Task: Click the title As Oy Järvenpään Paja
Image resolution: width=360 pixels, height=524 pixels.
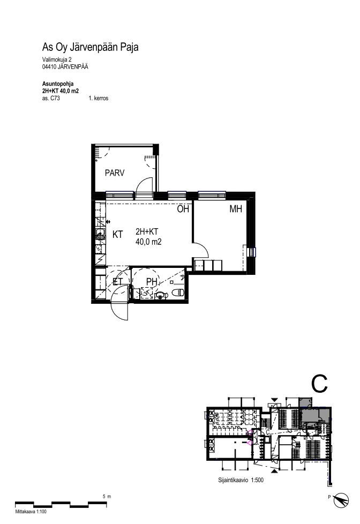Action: pyautogui.click(x=90, y=47)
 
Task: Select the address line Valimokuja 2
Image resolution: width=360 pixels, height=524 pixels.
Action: pyautogui.click(x=57, y=59)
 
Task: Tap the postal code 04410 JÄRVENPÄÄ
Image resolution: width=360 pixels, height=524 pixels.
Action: pyautogui.click(x=65, y=66)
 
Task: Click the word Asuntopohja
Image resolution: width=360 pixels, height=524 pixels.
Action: pyautogui.click(x=58, y=84)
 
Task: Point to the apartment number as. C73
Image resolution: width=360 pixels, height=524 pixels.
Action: pyautogui.click(x=51, y=98)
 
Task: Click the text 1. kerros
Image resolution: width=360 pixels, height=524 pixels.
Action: pyautogui.click(x=98, y=98)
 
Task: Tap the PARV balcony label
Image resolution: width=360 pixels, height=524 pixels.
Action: pyautogui.click(x=115, y=173)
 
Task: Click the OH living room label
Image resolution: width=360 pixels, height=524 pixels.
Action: pyautogui.click(x=183, y=209)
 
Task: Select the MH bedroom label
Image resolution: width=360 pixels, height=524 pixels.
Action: pyautogui.click(x=236, y=209)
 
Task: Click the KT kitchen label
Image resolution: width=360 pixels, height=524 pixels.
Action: pyautogui.click(x=118, y=235)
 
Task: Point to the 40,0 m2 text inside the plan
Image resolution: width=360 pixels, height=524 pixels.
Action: pyautogui.click(x=148, y=242)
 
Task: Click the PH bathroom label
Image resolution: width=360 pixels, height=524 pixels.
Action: pyautogui.click(x=152, y=282)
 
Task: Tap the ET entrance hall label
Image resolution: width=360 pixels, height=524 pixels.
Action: pyautogui.click(x=118, y=282)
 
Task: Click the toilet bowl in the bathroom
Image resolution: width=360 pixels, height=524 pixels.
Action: pyautogui.click(x=178, y=293)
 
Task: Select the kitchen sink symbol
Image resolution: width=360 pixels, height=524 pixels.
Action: pyautogui.click(x=100, y=232)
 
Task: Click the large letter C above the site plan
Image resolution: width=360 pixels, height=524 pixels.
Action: pyautogui.click(x=319, y=384)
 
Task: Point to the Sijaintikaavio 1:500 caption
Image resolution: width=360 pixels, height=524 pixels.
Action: pyautogui.click(x=241, y=480)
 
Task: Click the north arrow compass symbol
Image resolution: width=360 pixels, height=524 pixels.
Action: pyautogui.click(x=341, y=500)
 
